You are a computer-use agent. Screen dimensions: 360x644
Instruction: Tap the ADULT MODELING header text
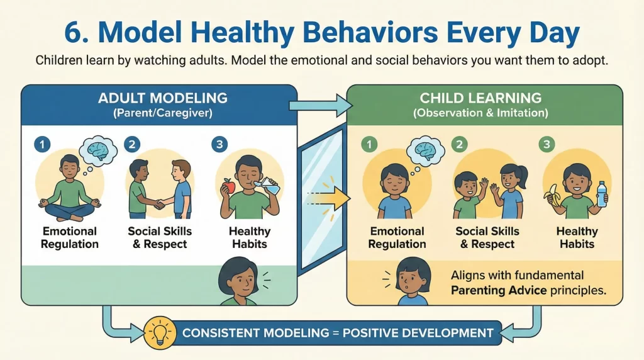click(162, 98)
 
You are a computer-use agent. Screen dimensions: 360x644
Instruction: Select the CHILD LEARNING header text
click(481, 98)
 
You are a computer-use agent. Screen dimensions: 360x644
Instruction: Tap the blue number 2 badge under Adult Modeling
click(131, 144)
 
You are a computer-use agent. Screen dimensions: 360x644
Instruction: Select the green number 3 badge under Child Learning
click(546, 144)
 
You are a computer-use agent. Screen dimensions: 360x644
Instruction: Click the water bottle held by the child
click(602, 193)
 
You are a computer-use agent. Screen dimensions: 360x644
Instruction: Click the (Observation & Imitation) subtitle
click(481, 113)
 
